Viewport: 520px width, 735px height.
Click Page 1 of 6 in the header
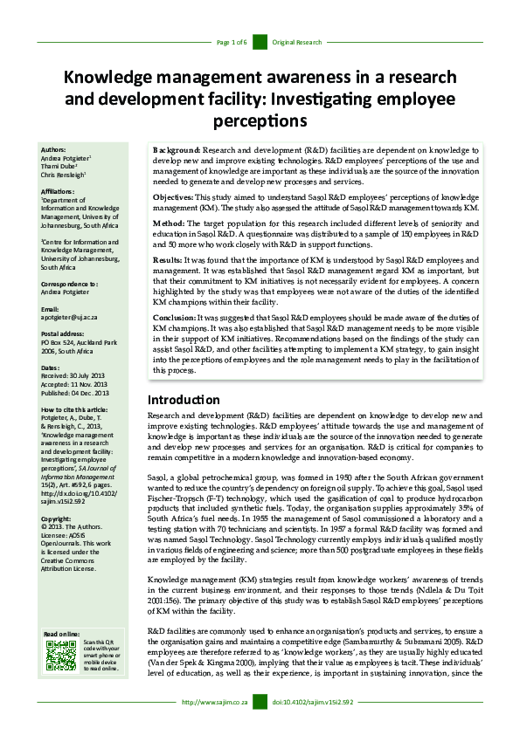tap(232, 42)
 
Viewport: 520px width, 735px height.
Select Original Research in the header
tap(296, 42)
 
